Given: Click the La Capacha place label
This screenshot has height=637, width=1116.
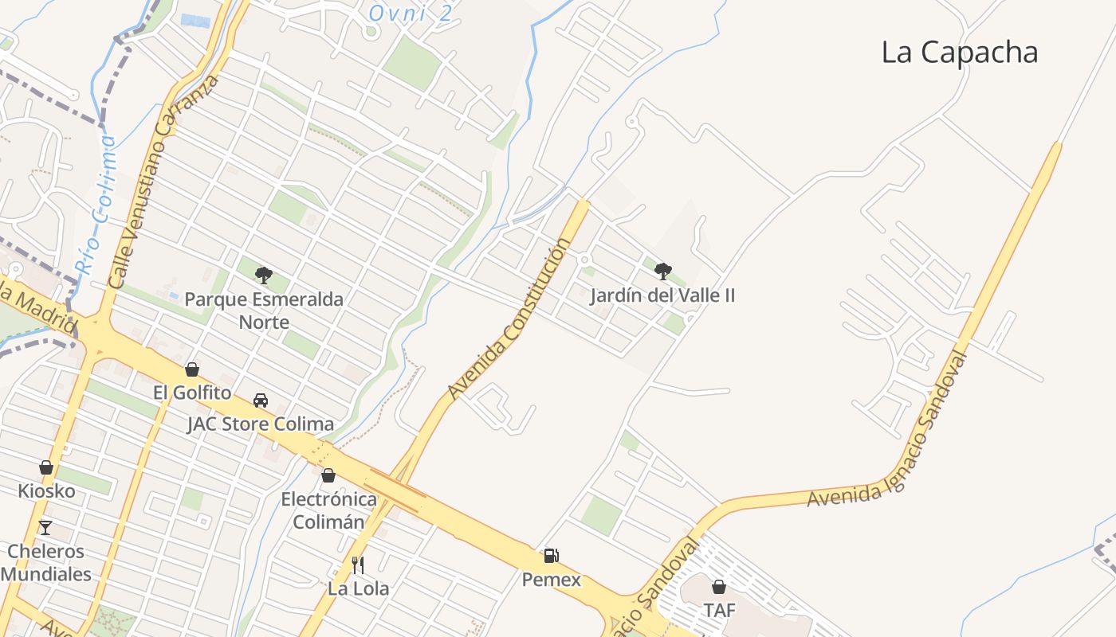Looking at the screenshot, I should [959, 53].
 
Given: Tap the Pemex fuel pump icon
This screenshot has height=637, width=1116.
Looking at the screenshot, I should [551, 556].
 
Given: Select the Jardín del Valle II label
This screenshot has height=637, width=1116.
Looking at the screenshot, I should [662, 296].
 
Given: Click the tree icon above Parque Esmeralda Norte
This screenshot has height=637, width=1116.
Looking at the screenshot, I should [264, 276].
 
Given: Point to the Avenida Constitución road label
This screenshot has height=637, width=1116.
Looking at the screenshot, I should [509, 319].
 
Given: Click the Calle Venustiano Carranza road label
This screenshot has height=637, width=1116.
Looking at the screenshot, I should [163, 182].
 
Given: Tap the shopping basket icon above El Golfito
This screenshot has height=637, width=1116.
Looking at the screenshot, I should [192, 369].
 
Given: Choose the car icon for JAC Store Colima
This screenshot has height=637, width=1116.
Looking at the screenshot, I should [261, 400].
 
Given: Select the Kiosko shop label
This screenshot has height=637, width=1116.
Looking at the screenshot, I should [47, 490].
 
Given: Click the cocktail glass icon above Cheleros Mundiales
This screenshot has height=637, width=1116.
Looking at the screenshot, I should [45, 527].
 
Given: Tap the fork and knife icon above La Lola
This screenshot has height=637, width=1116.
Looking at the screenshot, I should [358, 565].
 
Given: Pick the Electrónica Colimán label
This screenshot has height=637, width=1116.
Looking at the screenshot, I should [329, 510].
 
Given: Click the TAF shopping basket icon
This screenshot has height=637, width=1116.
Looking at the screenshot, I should [719, 587].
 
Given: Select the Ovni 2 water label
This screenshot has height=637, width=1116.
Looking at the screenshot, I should [411, 13].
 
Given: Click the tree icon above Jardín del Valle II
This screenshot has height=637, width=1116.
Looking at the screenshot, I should [662, 272].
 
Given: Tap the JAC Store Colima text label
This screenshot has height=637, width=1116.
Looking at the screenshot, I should [261, 424].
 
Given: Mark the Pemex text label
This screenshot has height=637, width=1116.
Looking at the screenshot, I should [552, 580].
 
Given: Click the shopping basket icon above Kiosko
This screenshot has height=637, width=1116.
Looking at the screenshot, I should [46, 467].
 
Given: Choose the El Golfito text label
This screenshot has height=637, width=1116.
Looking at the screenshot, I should [192, 393].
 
